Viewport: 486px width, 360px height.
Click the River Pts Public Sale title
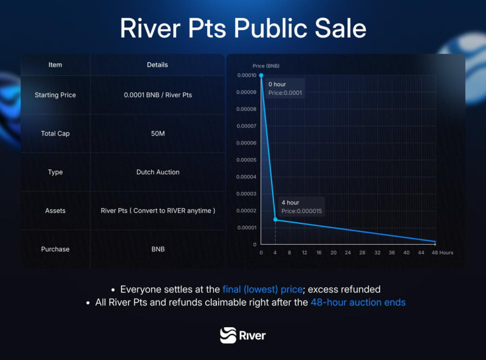coord(243,29)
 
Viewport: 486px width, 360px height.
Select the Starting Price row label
coord(55,95)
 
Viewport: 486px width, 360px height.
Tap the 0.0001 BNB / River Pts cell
coord(157,95)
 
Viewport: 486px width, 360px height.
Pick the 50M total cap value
coord(157,134)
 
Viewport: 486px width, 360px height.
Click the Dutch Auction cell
coord(157,172)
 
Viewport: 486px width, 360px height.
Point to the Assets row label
coord(55,211)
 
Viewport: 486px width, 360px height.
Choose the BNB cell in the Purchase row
coord(157,249)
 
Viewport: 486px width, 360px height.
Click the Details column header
coord(157,64)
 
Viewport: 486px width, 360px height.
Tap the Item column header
coord(55,64)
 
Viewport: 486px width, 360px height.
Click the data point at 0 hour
coord(261,75)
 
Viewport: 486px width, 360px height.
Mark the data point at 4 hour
coord(275,220)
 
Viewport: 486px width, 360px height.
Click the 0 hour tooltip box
coord(285,89)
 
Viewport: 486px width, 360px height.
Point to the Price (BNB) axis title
coord(266,66)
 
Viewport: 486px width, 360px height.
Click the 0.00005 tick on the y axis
coord(247,160)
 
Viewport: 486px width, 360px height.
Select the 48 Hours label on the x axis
coord(442,253)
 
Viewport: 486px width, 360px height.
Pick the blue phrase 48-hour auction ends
coord(358,302)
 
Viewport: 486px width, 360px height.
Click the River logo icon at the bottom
coord(228,335)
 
